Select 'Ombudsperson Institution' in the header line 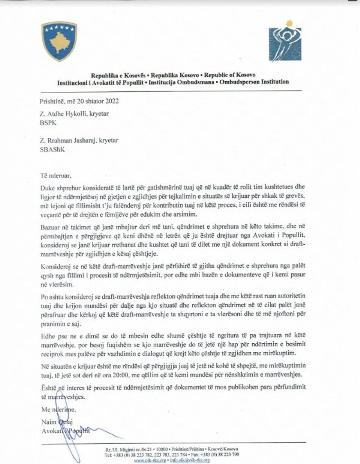[x=253, y=82]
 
